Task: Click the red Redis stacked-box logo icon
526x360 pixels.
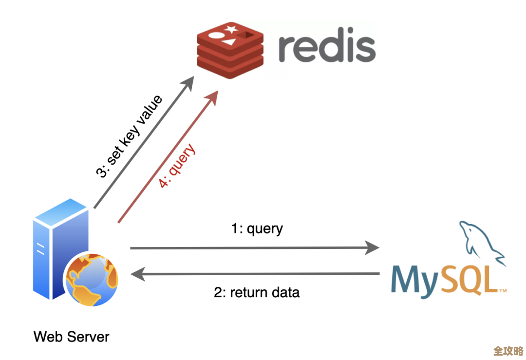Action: tap(230, 52)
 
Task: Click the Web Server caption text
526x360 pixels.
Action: tap(72, 336)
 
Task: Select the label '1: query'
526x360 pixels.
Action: tap(257, 228)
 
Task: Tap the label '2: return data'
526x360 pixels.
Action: tap(257, 293)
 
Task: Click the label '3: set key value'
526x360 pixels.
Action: tap(129, 137)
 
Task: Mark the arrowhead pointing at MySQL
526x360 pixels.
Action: tap(373, 248)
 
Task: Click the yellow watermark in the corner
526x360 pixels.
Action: tap(507, 351)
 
